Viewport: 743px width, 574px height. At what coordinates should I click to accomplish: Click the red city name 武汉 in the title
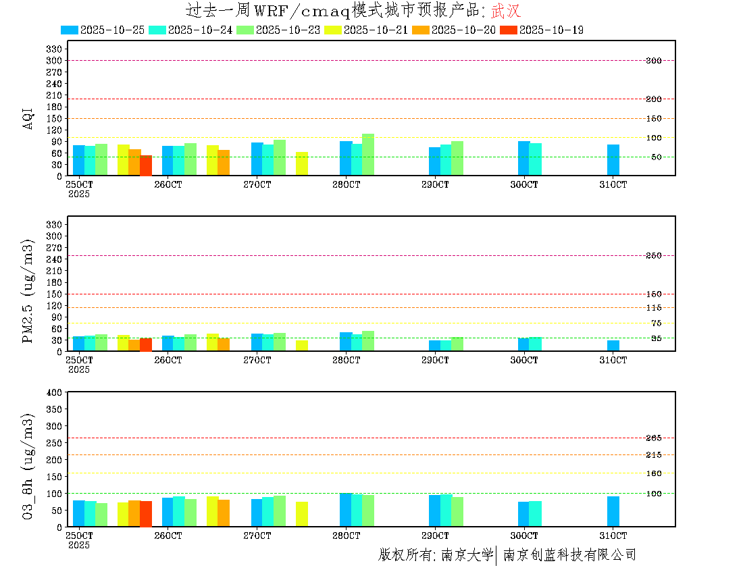pyautogui.click(x=506, y=11)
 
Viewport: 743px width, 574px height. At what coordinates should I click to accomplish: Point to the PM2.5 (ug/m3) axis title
pyautogui.click(x=28, y=291)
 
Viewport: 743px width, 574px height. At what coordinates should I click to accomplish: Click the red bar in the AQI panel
pyautogui.click(x=146, y=165)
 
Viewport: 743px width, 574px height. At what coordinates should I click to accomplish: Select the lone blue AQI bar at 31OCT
pyautogui.click(x=613, y=160)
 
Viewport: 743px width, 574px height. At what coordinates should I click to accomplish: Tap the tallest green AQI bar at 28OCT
pyautogui.click(x=368, y=155)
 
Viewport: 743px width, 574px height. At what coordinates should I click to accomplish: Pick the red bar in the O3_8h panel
pyautogui.click(x=146, y=514)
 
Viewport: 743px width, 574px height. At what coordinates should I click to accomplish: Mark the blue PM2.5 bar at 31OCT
pyautogui.click(x=613, y=346)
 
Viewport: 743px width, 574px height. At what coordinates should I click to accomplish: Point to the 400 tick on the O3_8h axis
pyautogui.click(x=54, y=392)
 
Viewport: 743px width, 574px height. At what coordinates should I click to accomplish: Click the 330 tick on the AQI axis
pyautogui.click(x=54, y=49)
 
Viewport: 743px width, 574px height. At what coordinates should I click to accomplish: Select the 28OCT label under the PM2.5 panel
pyautogui.click(x=346, y=361)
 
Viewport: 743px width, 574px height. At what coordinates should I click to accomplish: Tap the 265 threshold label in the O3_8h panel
pyautogui.click(x=653, y=438)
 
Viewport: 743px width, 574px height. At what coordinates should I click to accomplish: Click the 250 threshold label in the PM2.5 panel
pyautogui.click(x=653, y=255)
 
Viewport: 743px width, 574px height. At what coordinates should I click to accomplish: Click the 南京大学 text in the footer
pyautogui.click(x=467, y=555)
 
